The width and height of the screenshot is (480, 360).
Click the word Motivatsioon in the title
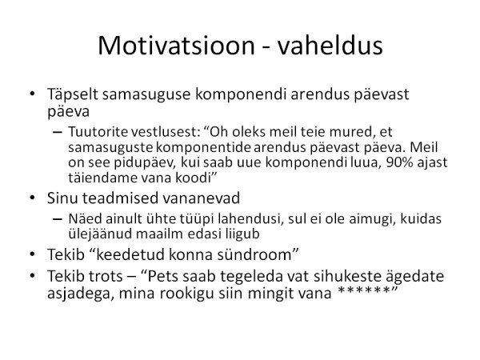(176, 46)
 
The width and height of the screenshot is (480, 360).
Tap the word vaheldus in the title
(330, 45)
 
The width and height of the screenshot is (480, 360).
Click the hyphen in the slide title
(266, 47)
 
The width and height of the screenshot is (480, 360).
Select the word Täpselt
(73, 94)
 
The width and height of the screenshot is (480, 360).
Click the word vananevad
(201, 198)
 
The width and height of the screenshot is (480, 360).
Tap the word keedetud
(130, 254)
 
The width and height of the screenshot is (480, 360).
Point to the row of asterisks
(363, 290)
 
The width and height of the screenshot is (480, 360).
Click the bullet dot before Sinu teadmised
(33, 198)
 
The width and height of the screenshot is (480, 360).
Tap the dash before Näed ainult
(58, 219)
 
